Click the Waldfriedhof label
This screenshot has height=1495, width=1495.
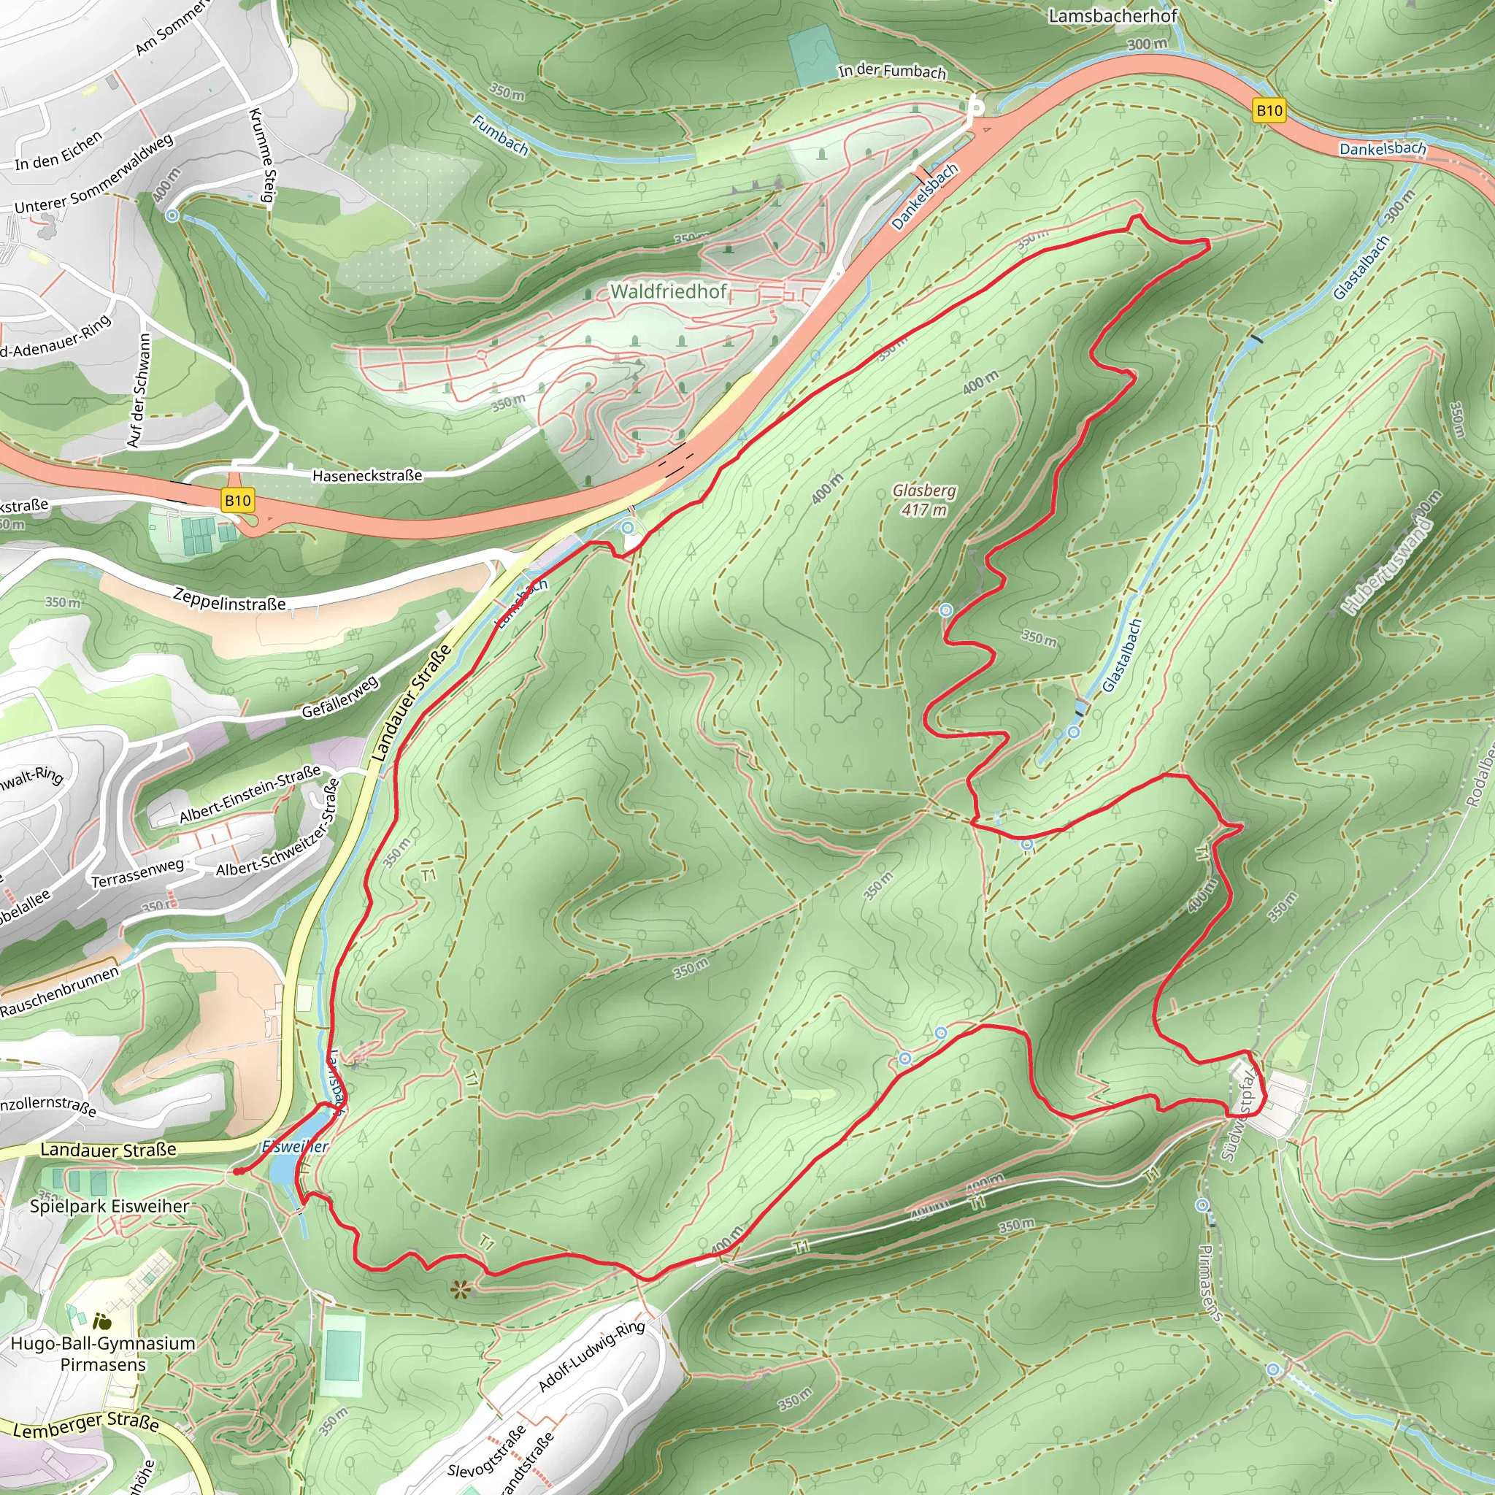(669, 292)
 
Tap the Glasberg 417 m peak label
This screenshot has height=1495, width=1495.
(924, 500)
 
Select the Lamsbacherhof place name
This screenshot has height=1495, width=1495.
(1112, 15)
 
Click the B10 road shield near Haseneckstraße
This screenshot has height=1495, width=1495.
(237, 500)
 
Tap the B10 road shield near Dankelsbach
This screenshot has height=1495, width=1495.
(1269, 111)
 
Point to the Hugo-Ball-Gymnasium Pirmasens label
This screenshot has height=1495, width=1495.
(103, 1353)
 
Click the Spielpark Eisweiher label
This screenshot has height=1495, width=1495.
(110, 1207)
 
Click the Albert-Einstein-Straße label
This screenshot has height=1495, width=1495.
(250, 795)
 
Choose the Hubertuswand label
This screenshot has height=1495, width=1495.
(1388, 566)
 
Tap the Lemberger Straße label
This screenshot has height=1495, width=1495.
(86, 1425)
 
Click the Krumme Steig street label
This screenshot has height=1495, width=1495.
(261, 155)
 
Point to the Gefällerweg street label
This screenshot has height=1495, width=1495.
(340, 696)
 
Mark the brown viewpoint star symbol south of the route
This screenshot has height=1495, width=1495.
(461, 1288)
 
